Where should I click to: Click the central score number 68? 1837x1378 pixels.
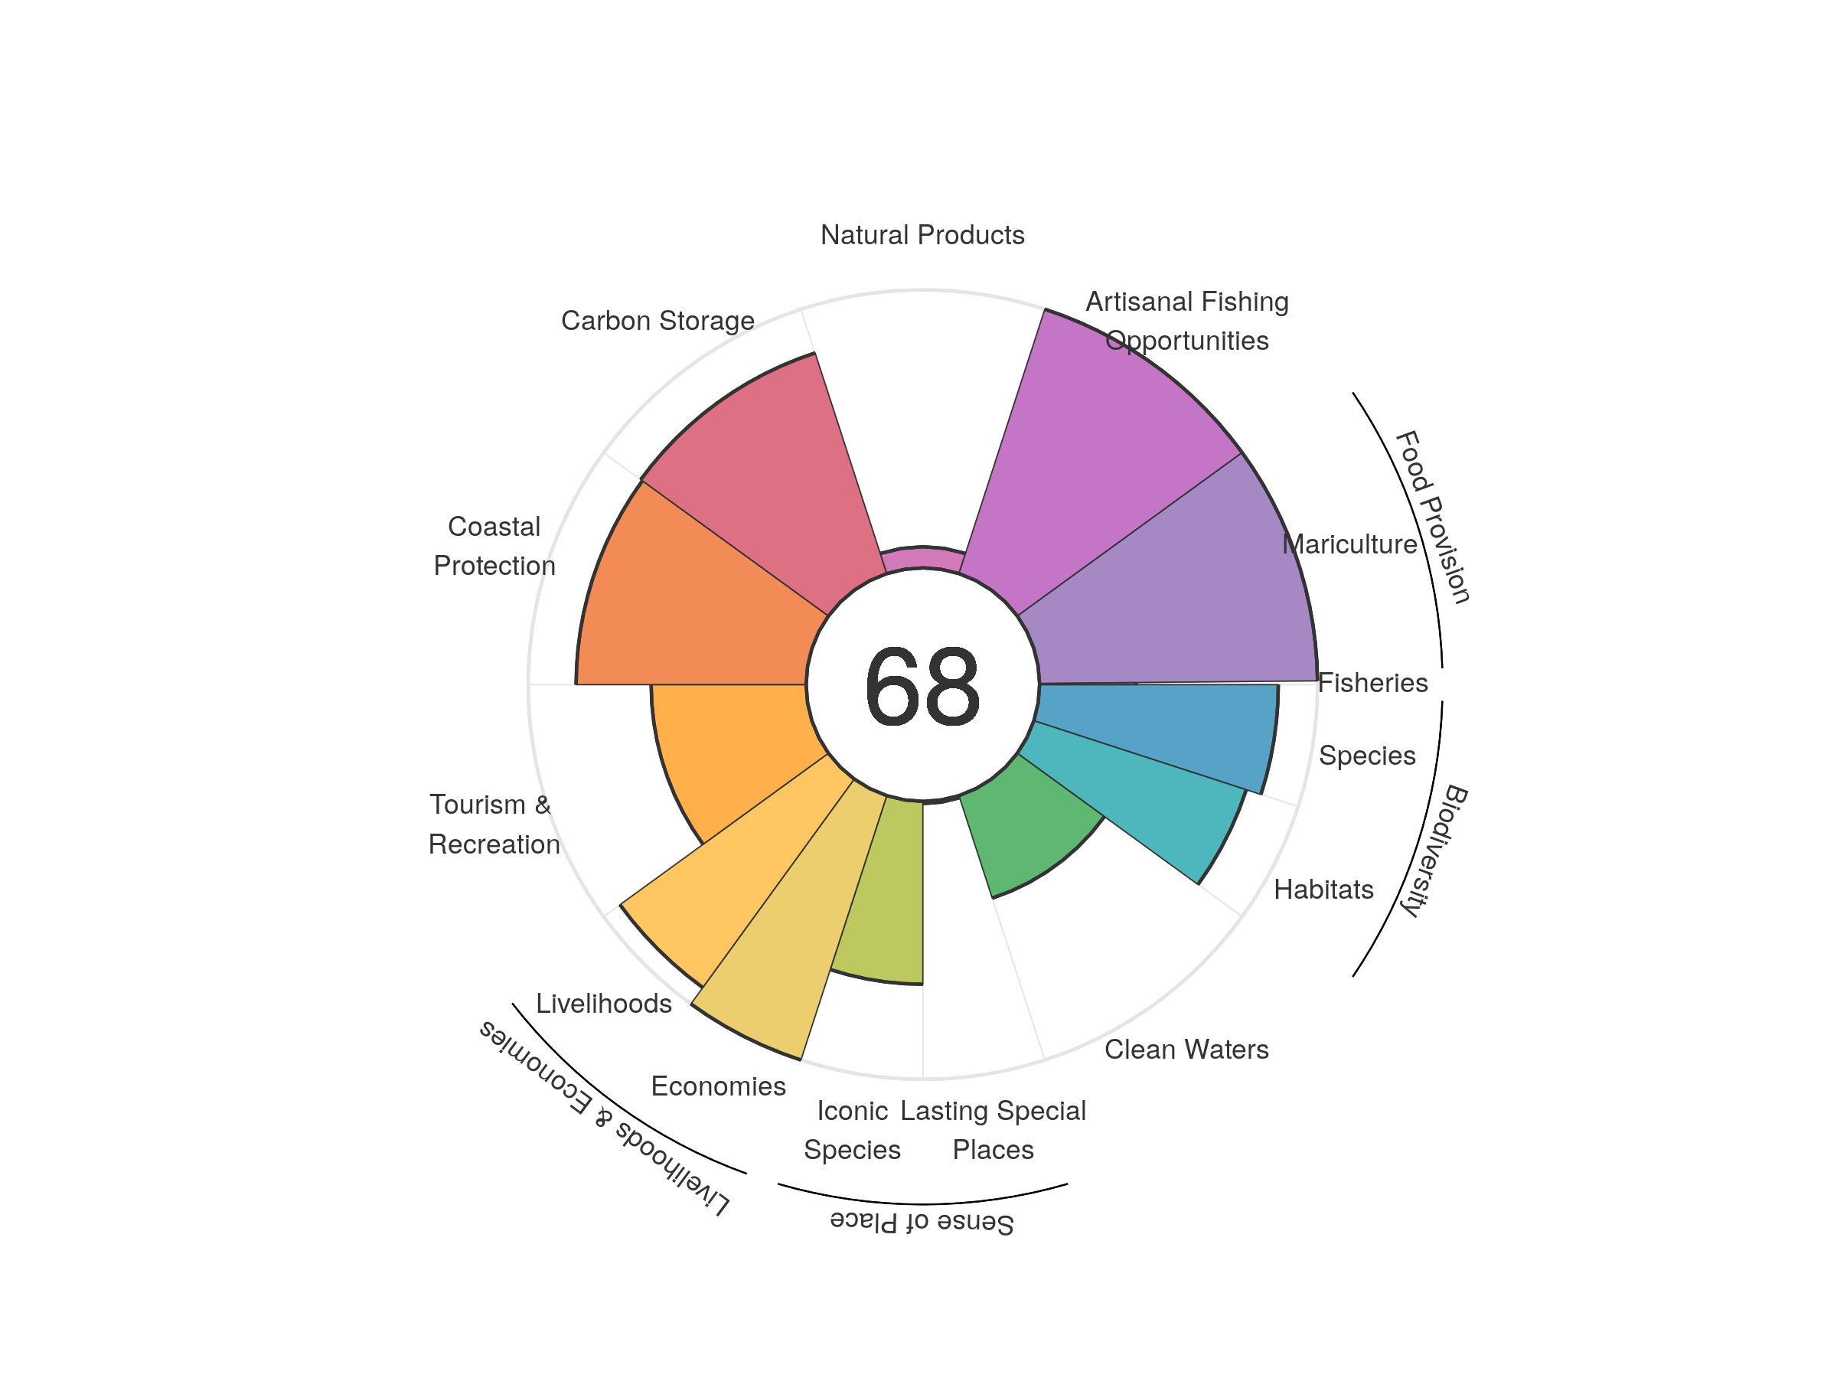tap(922, 686)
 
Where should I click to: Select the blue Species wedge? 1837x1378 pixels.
tap(1163, 731)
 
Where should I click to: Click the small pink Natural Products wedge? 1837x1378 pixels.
tap(922, 558)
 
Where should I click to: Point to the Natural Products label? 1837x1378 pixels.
tap(922, 235)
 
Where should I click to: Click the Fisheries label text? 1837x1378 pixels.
tap(1372, 683)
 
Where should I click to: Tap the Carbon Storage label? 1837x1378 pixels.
tap(657, 321)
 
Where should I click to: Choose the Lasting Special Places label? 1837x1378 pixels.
tap(993, 1130)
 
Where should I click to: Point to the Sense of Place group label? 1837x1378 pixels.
tap(922, 1223)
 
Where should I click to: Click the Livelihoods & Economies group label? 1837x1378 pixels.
tap(604, 1118)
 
